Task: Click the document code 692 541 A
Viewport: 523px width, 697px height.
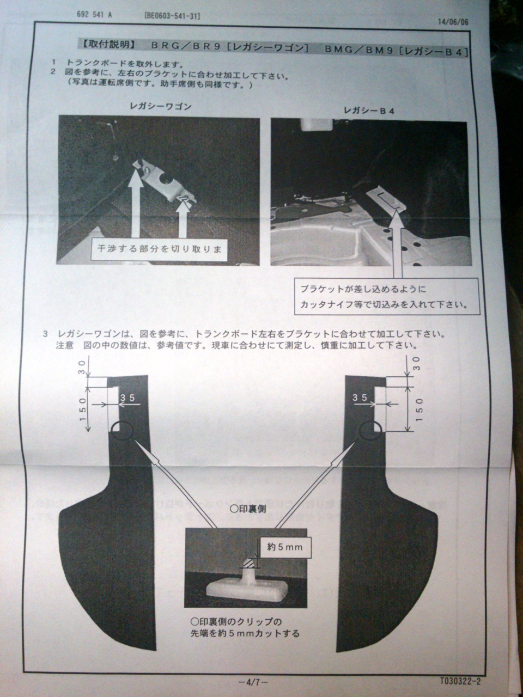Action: [x=94, y=15]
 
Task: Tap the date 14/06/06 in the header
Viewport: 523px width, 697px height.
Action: [x=453, y=22]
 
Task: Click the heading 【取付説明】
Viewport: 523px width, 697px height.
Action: [x=108, y=45]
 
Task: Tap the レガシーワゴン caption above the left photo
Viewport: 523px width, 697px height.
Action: [x=161, y=106]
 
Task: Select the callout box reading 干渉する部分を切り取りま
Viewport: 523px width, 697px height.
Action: [x=159, y=249]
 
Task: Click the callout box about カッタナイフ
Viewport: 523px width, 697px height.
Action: [x=387, y=297]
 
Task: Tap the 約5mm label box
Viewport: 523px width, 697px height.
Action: [x=285, y=547]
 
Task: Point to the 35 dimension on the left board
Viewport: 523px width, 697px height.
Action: [x=127, y=398]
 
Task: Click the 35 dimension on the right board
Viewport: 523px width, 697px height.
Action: [x=360, y=398]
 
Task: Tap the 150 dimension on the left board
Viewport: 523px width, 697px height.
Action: [x=83, y=409]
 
